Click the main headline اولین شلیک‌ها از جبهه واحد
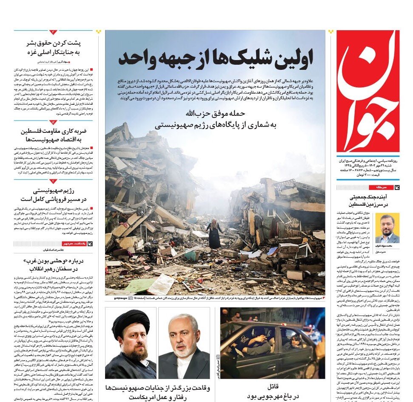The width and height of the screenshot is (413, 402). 215,57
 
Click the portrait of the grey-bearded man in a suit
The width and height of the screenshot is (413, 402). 184,345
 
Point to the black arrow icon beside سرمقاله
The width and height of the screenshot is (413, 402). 396,187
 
